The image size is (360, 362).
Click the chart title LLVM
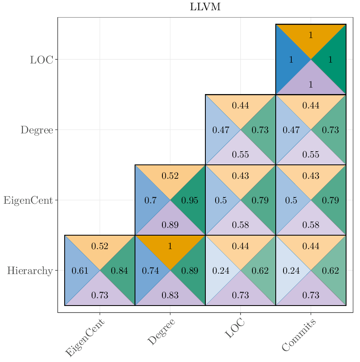pyautogui.click(x=205, y=7)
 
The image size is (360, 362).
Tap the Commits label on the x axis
pyautogui.click(x=299, y=335)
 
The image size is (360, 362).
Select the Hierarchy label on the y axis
pyautogui.click(x=30, y=270)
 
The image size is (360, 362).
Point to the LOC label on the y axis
pyautogui.click(x=41, y=60)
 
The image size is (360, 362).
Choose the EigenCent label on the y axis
pyautogui.click(x=28, y=200)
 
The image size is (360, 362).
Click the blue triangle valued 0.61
pyautogui.click(x=80, y=271)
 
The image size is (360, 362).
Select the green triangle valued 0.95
pyautogui.click(x=190, y=200)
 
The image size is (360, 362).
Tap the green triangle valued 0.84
pyautogui.click(x=119, y=271)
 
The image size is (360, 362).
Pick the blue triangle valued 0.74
pyautogui.click(x=150, y=271)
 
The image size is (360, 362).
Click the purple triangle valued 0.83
pyautogui.click(x=170, y=295)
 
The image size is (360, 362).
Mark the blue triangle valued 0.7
pyautogui.click(x=150, y=200)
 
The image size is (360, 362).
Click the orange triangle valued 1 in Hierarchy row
pyautogui.click(x=170, y=246)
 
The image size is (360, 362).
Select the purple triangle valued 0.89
pyautogui.click(x=170, y=225)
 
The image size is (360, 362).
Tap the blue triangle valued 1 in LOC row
pyautogui.click(x=291, y=60)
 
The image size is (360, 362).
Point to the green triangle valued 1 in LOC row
pyautogui.click(x=331, y=60)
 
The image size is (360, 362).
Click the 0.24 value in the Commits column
pyautogui.click(x=291, y=271)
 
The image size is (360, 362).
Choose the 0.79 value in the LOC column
pyautogui.click(x=260, y=200)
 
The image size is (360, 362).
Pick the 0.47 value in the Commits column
pyautogui.click(x=291, y=130)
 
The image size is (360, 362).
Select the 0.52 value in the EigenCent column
pyautogui.click(x=100, y=246)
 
